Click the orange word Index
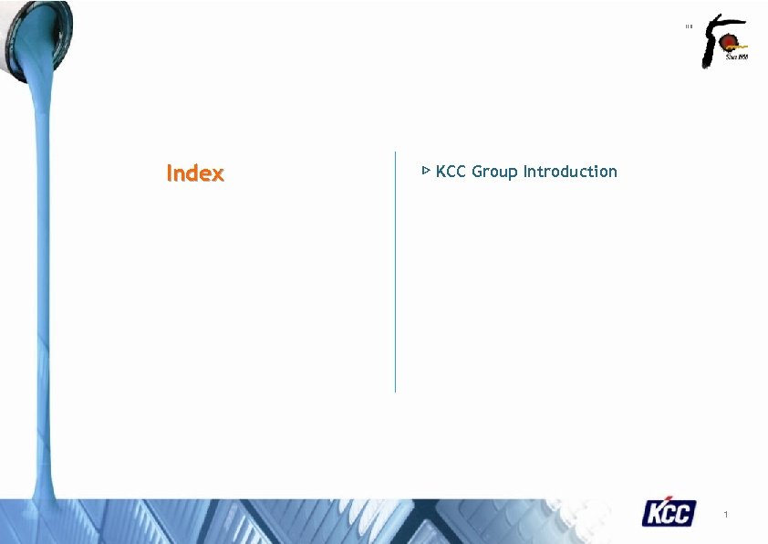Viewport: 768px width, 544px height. (194, 173)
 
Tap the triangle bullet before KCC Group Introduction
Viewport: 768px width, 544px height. (425, 171)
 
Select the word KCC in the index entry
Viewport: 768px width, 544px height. (451, 172)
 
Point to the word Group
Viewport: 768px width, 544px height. (493, 173)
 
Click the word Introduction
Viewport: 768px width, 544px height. (570, 172)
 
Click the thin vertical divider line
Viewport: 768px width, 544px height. (395, 274)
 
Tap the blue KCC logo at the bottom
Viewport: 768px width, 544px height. (669, 513)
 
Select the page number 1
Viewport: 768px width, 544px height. (725, 517)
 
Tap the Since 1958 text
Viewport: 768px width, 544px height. (736, 57)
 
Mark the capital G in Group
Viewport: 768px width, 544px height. (477, 172)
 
